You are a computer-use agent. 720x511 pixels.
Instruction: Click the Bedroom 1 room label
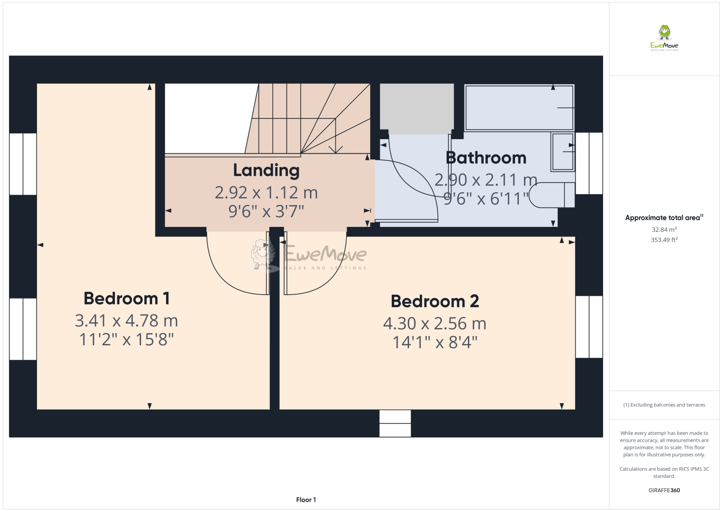(127, 299)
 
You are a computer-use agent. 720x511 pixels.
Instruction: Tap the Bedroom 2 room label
(435, 301)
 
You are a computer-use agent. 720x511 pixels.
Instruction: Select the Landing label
(266, 170)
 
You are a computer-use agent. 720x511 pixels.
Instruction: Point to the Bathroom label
(486, 158)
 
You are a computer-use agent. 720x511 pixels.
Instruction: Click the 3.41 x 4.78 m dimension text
(126, 321)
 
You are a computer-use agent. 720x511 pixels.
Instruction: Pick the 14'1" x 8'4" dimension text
(435, 342)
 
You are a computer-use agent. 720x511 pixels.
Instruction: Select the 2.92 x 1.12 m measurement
(266, 193)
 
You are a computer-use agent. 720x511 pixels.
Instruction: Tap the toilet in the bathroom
(552, 195)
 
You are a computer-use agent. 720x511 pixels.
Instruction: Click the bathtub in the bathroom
(519, 108)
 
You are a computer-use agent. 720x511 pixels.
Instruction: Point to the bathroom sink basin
(563, 152)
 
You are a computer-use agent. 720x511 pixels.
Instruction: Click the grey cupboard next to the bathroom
(417, 109)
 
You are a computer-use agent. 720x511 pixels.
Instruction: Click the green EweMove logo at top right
(664, 38)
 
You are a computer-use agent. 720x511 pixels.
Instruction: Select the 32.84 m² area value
(664, 229)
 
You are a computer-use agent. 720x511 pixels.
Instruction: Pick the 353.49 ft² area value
(664, 239)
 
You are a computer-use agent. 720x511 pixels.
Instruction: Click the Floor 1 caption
(306, 500)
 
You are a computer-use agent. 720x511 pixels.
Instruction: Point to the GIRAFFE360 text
(664, 490)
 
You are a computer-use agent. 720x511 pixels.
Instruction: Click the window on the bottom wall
(395, 423)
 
